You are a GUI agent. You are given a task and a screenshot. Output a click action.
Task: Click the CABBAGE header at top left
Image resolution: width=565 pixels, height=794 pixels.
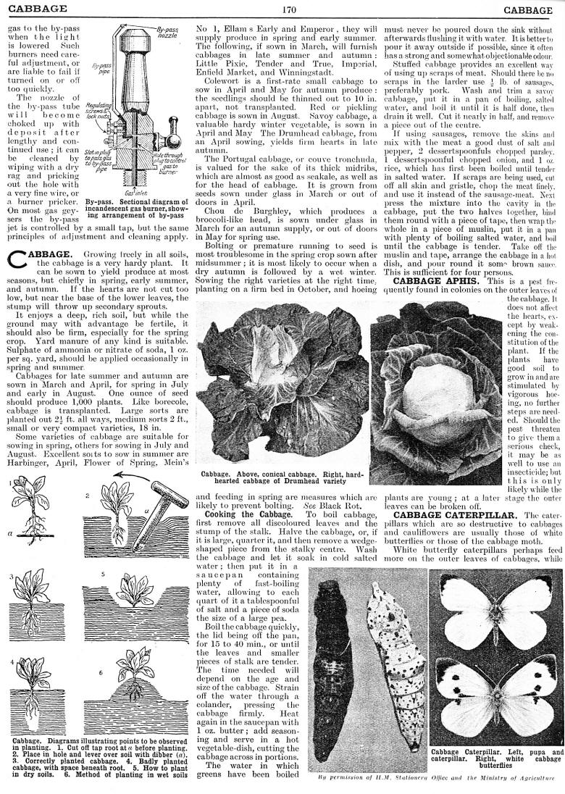(34, 9)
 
